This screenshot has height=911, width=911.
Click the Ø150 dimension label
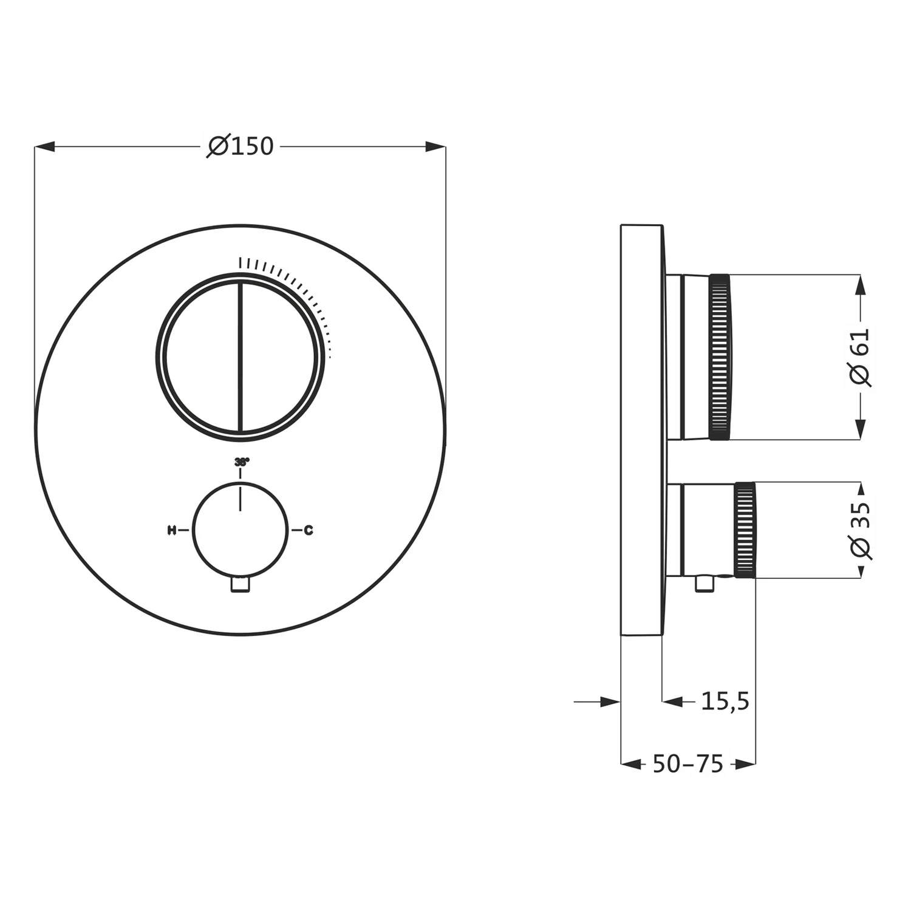coord(241,146)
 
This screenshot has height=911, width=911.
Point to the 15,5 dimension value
coord(725,701)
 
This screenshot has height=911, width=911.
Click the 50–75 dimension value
coord(688,764)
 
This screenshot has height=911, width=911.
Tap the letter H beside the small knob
coord(172,530)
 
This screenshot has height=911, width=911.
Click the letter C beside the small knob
coord(309,530)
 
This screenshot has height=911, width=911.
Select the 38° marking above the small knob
coord(241,462)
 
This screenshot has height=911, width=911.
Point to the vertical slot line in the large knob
coord(241,357)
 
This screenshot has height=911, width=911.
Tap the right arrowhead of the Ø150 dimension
coord(435,146)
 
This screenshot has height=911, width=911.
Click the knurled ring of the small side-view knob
coord(745,530)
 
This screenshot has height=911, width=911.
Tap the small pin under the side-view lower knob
coord(704,584)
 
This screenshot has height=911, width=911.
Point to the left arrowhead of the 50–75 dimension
coord(631,764)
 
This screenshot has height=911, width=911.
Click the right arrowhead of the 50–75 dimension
coord(745,764)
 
